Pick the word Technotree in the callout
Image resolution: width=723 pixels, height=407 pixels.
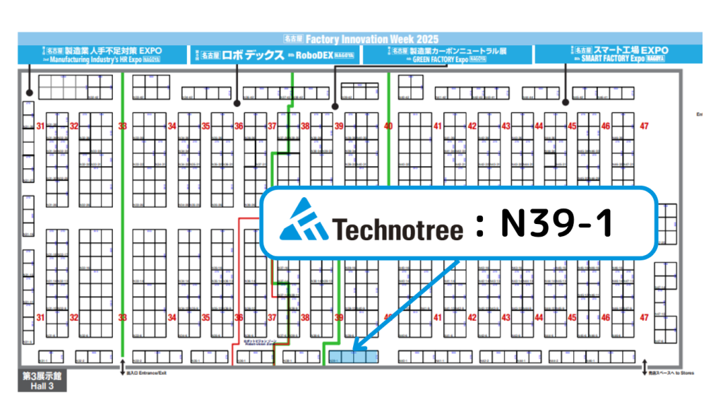point(398,228)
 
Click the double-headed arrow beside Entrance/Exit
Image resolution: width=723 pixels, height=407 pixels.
point(123,367)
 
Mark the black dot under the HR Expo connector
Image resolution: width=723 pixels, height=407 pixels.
point(29,93)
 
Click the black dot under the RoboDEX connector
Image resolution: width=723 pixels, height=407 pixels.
point(237,103)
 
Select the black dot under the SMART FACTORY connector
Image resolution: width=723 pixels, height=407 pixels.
point(565,103)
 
